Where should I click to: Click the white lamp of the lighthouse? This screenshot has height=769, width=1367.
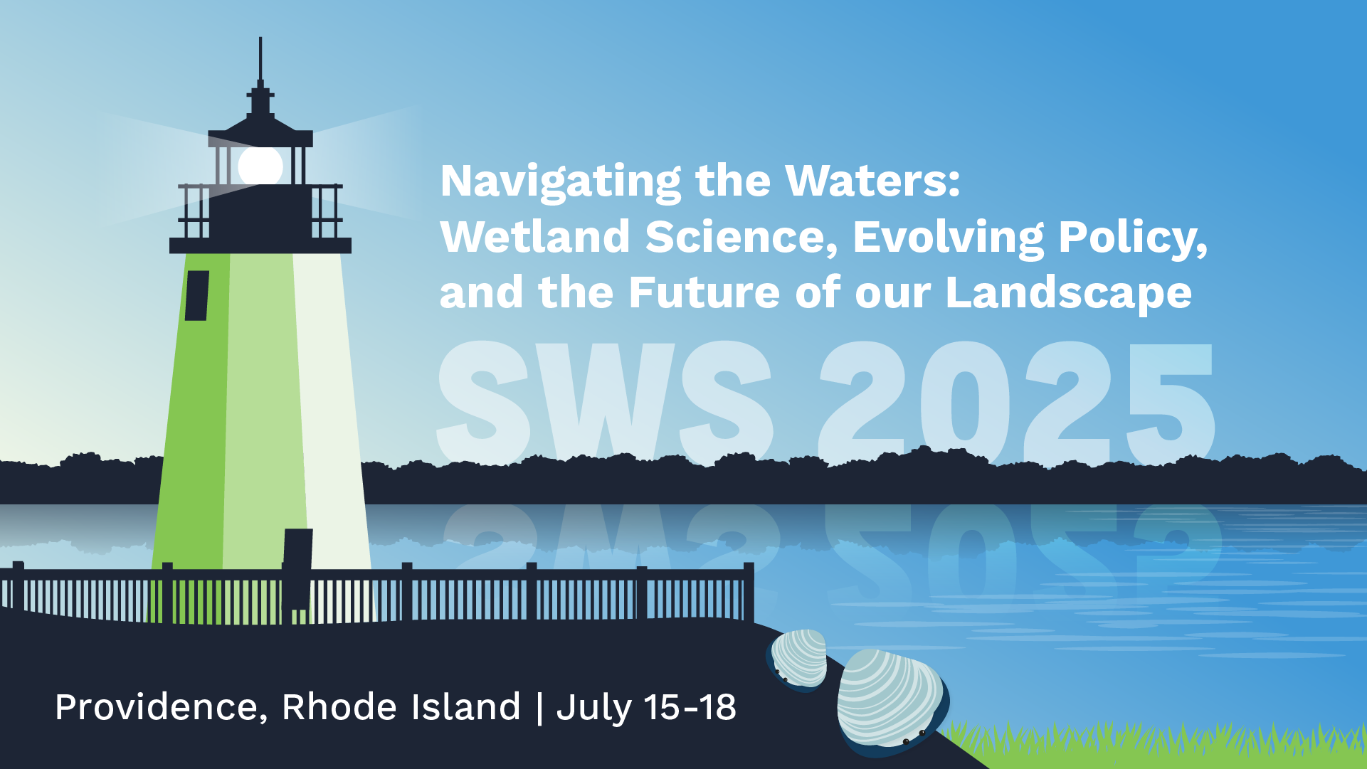(260, 166)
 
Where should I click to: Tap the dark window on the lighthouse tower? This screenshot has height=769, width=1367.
(197, 295)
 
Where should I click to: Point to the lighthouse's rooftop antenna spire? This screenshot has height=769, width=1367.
(260, 64)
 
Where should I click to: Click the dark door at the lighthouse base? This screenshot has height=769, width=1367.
(297, 569)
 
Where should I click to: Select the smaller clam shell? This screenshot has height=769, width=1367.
(798, 660)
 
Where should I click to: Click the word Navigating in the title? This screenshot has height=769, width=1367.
(561, 182)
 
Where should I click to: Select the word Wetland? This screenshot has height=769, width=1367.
(535, 237)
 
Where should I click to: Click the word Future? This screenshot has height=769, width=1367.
(704, 292)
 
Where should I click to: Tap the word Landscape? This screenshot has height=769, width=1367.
(1068, 294)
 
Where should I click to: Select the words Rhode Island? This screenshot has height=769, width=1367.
(401, 707)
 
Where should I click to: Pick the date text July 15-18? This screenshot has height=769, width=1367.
(646, 708)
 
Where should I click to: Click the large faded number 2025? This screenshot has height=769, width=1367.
(1016, 402)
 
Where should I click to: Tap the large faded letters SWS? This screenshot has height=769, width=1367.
(606, 402)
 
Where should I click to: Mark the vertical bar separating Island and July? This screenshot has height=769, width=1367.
(539, 708)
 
